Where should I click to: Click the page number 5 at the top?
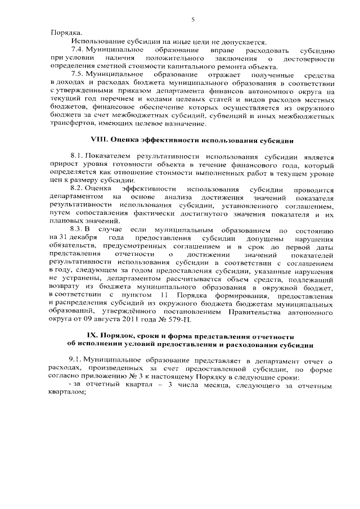pyautogui.click(x=192, y=19)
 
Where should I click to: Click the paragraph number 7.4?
pyautogui.click(x=78, y=50)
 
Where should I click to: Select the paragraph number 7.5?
pyautogui.click(x=78, y=74)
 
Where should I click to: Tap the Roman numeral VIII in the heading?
pyautogui.click(x=100, y=138)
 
